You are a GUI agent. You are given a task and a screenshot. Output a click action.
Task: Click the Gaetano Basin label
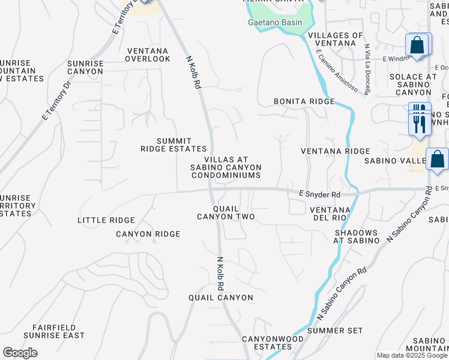coord(274,23)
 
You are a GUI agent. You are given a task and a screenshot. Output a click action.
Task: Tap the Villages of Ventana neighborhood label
coord(335,40)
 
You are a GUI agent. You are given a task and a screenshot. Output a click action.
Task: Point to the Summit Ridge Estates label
coord(173,145)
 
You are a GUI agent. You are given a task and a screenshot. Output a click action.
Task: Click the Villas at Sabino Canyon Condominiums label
coord(226,167)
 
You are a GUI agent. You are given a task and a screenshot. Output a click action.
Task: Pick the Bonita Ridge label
coord(303,101)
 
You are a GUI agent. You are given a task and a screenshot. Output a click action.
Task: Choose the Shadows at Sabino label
coord(357,236)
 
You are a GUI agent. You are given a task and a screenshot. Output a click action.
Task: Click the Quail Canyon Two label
coord(226,212)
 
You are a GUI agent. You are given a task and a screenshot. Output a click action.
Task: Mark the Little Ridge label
coord(106,220)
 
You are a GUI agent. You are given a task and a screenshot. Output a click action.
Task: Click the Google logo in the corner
coord(20,353)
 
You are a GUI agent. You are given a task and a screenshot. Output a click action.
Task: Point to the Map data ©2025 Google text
coord(412,356)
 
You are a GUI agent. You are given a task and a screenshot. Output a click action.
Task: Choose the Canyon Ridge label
coord(148,234)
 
